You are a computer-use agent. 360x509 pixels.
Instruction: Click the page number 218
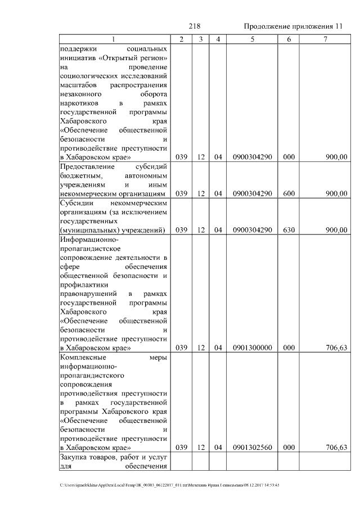[x=195, y=26]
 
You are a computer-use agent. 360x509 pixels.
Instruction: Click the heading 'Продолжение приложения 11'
[x=292, y=27]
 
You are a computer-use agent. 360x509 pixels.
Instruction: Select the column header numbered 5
[x=252, y=39]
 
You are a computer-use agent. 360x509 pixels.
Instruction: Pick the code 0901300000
[x=252, y=348]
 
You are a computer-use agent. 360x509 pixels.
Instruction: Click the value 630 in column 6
[x=289, y=229]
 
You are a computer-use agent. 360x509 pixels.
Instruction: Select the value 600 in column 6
[x=289, y=193]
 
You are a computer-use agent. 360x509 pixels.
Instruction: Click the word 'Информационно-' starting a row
[x=85, y=239]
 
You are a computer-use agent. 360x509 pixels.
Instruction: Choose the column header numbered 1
[x=114, y=39]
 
